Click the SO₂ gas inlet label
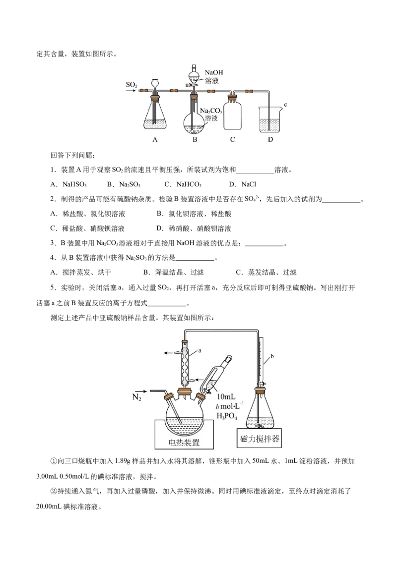point(132,85)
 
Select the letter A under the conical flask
point(155,140)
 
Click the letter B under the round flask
point(195,140)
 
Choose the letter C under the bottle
point(232,140)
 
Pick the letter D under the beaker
point(270,140)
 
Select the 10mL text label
point(228,396)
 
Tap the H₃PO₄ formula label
point(229,415)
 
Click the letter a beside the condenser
point(199,350)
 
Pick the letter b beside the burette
point(272,356)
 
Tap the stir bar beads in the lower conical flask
point(258,426)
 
